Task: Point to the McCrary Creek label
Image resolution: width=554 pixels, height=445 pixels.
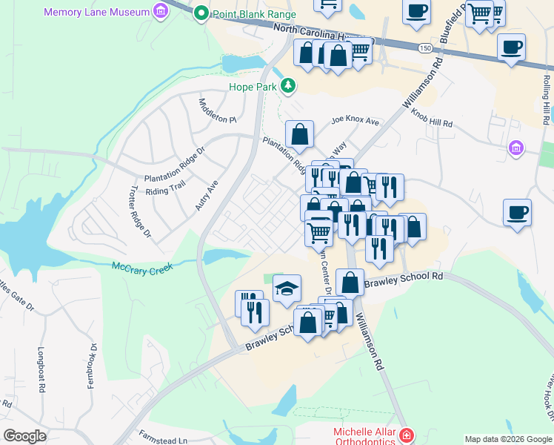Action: click(x=142, y=267)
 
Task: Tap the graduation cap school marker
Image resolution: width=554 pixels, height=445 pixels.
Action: click(x=287, y=289)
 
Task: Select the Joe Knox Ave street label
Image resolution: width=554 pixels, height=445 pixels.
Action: click(x=355, y=121)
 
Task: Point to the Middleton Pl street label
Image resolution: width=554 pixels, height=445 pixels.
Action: click(x=216, y=111)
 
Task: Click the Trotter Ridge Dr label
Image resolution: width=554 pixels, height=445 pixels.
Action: click(x=139, y=212)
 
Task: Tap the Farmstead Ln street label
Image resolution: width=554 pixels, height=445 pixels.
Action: click(x=162, y=440)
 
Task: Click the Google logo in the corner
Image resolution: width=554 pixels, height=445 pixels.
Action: click(x=24, y=436)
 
